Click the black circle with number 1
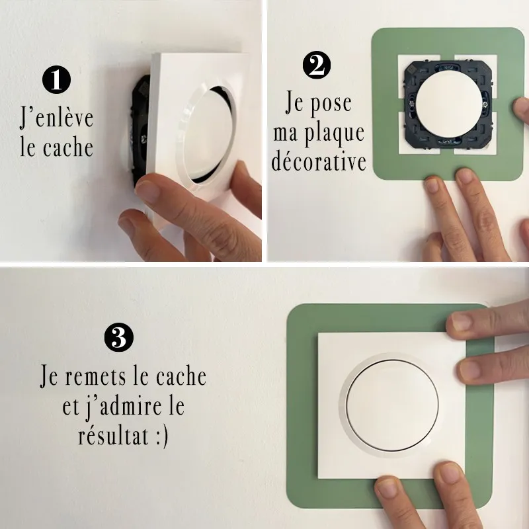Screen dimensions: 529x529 click(56, 79)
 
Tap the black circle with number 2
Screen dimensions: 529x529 click(317, 65)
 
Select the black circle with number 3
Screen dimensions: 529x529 click(119, 337)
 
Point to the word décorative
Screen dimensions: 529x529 click(319, 161)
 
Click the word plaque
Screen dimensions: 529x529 click(335, 134)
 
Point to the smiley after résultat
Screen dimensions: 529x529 click(162, 437)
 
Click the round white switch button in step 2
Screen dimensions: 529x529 click(449, 104)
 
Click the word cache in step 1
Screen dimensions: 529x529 click(68, 147)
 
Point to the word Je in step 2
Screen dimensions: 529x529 click(294, 102)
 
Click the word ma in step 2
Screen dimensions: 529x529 click(286, 134)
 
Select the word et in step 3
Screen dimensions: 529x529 click(71, 407)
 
